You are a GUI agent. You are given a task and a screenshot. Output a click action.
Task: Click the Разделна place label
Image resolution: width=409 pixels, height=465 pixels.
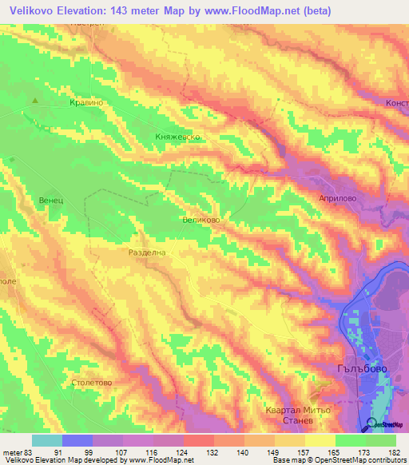[147, 252]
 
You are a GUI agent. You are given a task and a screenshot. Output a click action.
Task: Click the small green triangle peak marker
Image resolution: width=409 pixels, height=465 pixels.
[35, 101]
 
